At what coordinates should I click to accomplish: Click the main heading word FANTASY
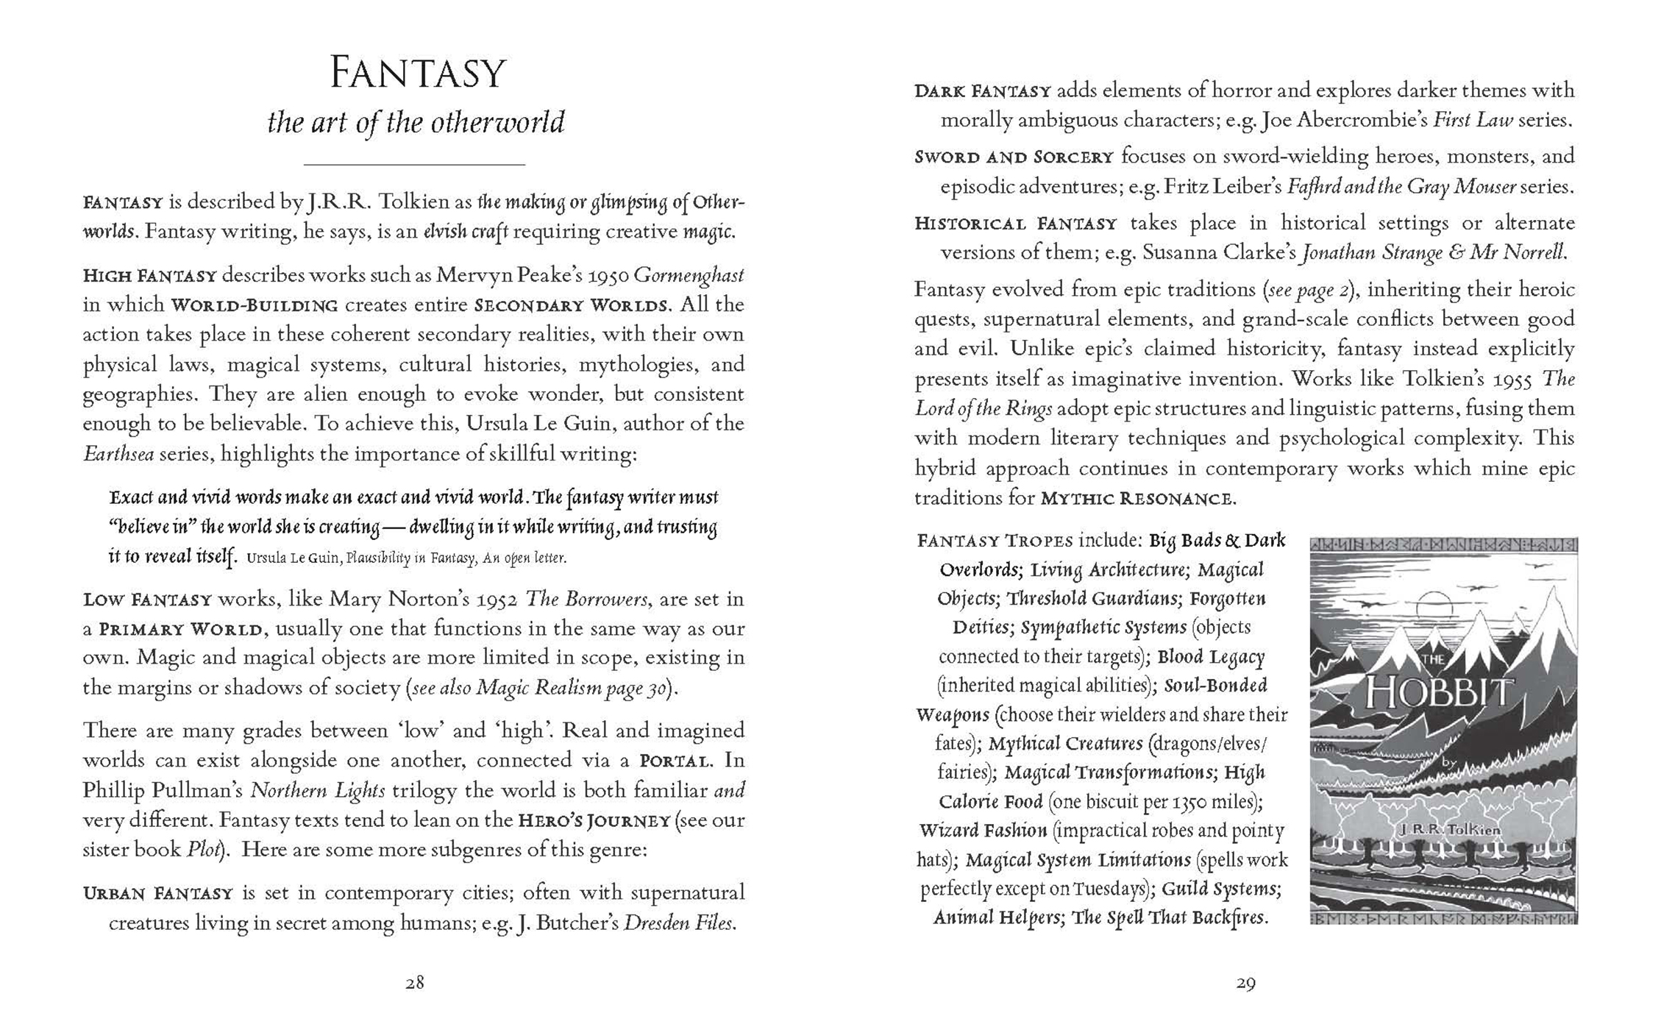pyautogui.click(x=417, y=74)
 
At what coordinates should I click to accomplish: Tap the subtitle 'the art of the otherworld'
pyautogui.click(x=416, y=122)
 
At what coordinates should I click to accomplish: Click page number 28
pyautogui.click(x=414, y=982)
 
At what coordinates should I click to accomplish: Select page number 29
pyautogui.click(x=1245, y=982)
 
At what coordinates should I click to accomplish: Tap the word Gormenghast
pyautogui.click(x=689, y=276)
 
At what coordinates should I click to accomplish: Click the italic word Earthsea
pyautogui.click(x=118, y=454)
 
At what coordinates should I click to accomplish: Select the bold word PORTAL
pyautogui.click(x=675, y=761)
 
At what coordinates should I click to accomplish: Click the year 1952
pyautogui.click(x=494, y=600)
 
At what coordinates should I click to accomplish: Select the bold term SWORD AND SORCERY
pyautogui.click(x=1014, y=157)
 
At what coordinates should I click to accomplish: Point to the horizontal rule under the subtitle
pyautogui.click(x=414, y=164)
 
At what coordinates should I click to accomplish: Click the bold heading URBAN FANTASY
pyautogui.click(x=157, y=894)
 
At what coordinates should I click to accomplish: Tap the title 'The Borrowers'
pyautogui.click(x=586, y=600)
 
